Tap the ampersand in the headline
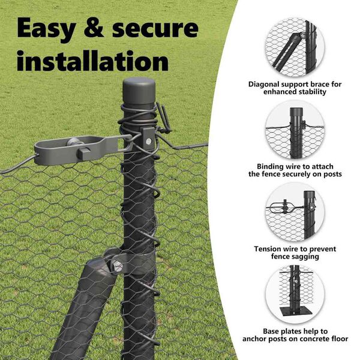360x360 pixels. pyautogui.click(x=94, y=28)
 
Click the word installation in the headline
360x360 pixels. pyautogui.click(x=93, y=61)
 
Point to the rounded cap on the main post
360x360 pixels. pyautogui.click(x=139, y=91)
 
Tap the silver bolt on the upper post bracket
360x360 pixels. pyautogui.click(x=149, y=141)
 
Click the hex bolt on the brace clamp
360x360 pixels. pyautogui.click(x=117, y=266)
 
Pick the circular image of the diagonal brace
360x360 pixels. pyautogui.click(x=295, y=48)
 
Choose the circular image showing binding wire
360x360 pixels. pyautogui.click(x=295, y=130)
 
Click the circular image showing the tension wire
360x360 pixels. pyautogui.click(x=295, y=212)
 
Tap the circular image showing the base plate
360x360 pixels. pyautogui.click(x=295, y=295)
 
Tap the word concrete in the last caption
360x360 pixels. pyautogui.click(x=316, y=339)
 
